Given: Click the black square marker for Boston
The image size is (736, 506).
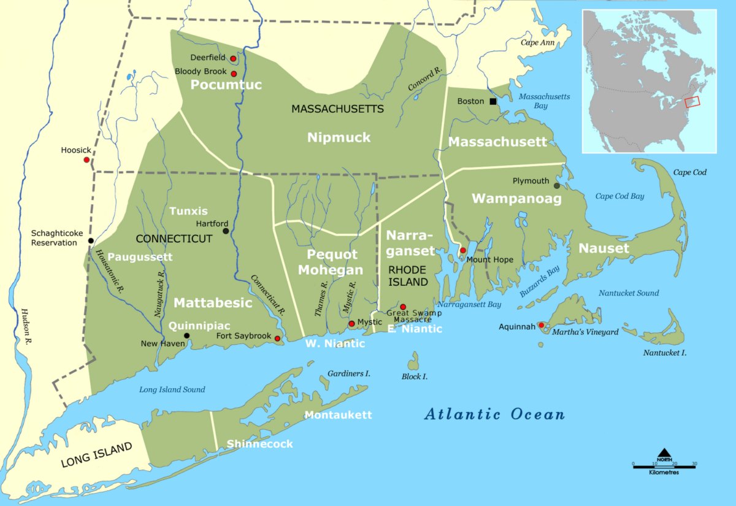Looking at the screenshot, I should pyautogui.click(x=493, y=101).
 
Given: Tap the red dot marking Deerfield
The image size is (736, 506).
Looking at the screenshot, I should pyautogui.click(x=233, y=59).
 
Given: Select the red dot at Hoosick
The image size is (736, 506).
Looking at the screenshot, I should pyautogui.click(x=86, y=160).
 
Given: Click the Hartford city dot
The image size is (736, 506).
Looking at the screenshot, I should pyautogui.click(x=226, y=231).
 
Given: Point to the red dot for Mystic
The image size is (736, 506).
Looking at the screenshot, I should pyautogui.click(x=351, y=323).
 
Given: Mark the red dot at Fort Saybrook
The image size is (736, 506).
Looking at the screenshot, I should pyautogui.click(x=277, y=339).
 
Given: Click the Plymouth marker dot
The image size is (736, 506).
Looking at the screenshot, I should pyautogui.click(x=557, y=185).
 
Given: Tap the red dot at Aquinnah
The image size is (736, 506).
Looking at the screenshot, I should pyautogui.click(x=541, y=325).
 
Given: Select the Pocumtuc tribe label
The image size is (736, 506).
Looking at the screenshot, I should pyautogui.click(x=226, y=85).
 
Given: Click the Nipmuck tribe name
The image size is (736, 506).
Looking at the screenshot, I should pyautogui.click(x=339, y=137).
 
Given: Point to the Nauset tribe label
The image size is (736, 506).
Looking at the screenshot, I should pyautogui.click(x=604, y=248).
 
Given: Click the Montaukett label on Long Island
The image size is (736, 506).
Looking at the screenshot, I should pyautogui.click(x=339, y=415).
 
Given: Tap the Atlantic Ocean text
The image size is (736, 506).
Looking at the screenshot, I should pyautogui.click(x=494, y=415).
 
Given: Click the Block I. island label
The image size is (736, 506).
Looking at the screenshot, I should pyautogui.click(x=415, y=376).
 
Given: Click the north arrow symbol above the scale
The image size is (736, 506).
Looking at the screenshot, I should pyautogui.click(x=665, y=456).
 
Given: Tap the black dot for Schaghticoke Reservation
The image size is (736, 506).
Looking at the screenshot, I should pyautogui.click(x=91, y=240).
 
